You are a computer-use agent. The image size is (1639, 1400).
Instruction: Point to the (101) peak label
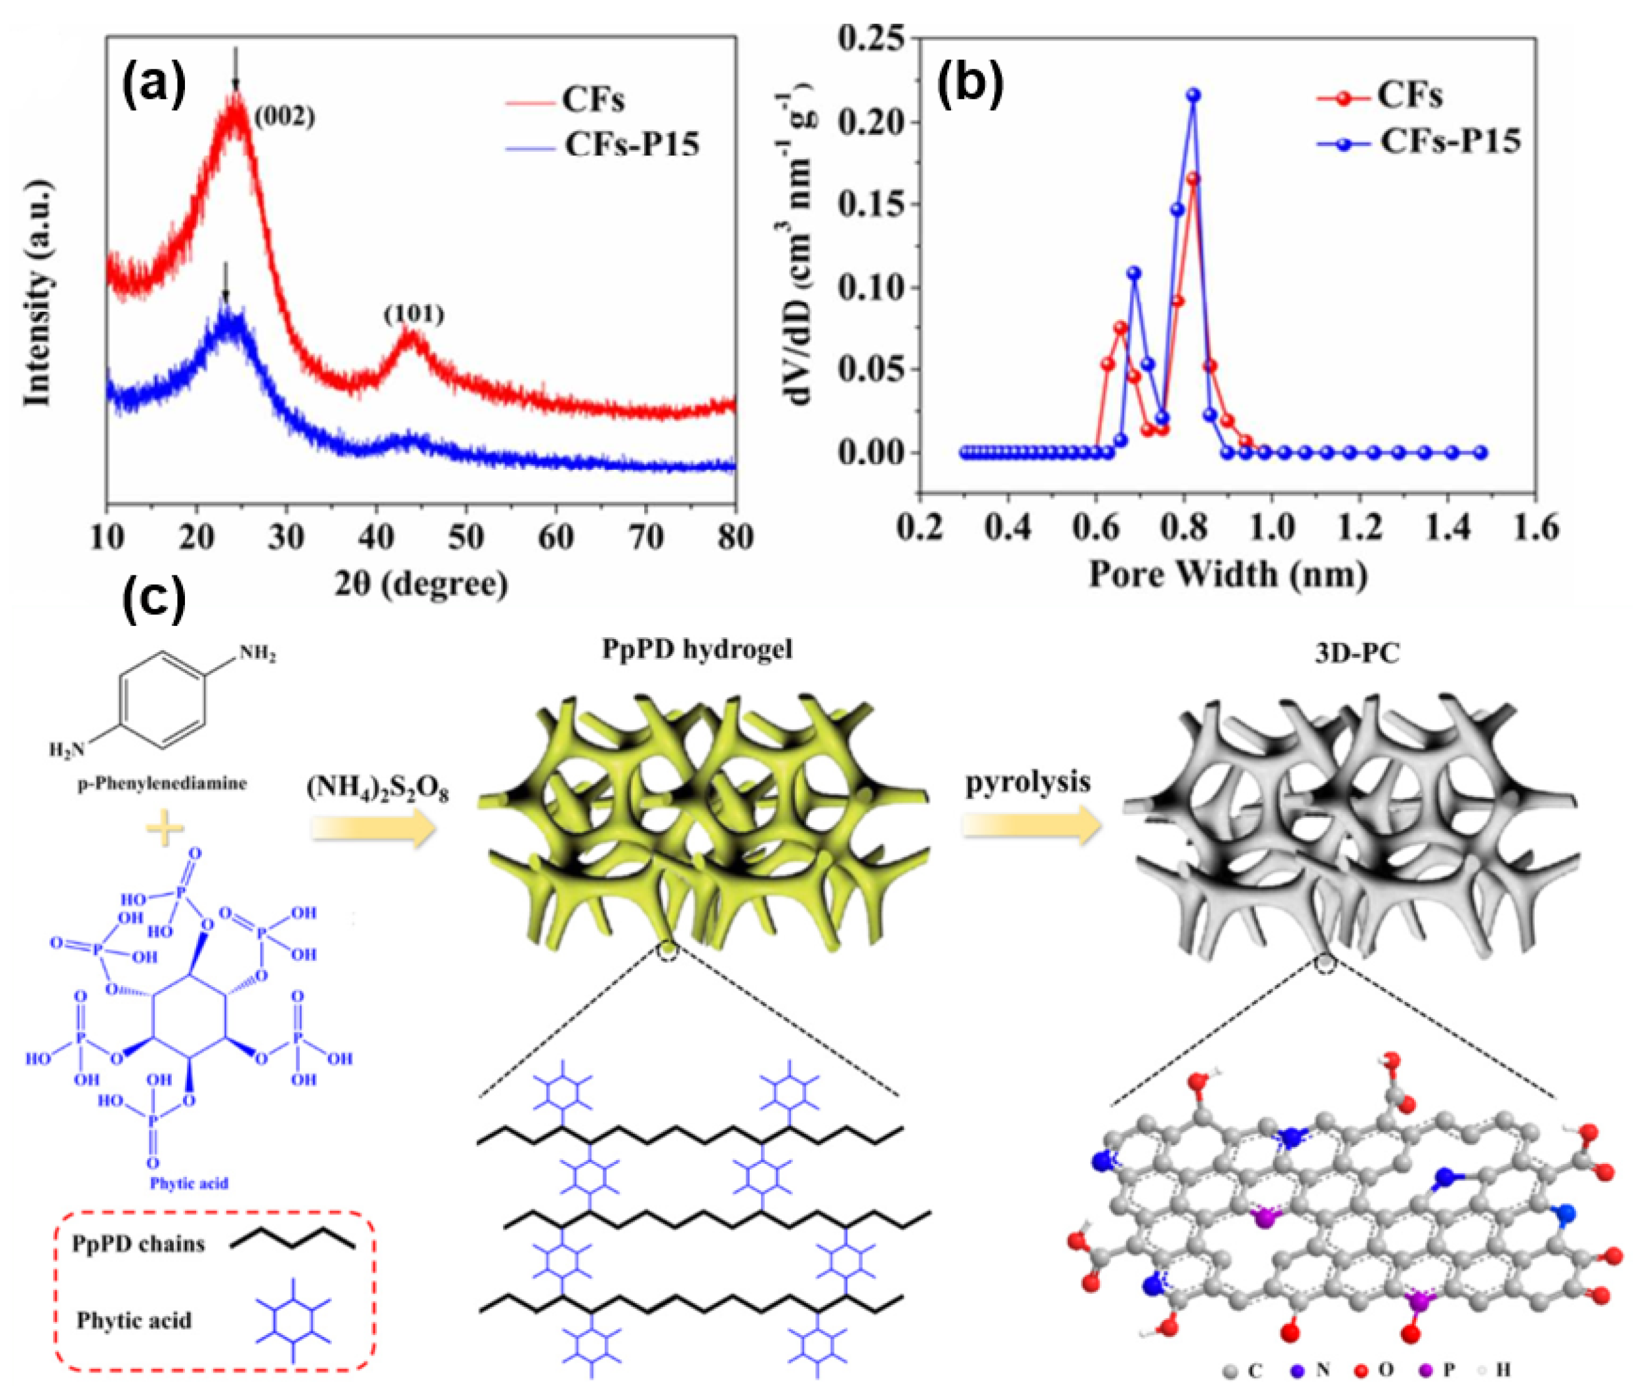coord(414,315)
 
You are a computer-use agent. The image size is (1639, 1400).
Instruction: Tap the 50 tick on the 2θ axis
coord(466,537)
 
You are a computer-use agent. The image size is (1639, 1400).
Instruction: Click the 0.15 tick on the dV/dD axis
coord(871,205)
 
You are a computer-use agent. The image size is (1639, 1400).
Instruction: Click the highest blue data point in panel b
coord(1193,96)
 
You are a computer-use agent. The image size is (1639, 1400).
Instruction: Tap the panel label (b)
coord(970,84)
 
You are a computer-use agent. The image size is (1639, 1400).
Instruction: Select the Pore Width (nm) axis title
coord(1228,574)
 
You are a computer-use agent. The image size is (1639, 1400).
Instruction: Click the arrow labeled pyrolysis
coord(1031,827)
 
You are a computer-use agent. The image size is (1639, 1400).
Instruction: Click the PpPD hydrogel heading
coord(697,648)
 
